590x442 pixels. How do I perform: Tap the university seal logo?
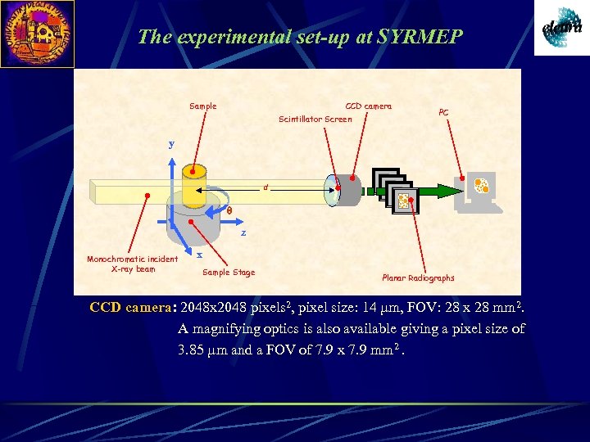37,34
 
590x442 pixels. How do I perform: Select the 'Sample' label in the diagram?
203,106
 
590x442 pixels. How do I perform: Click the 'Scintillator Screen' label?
315,120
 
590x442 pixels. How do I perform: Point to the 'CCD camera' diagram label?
368,106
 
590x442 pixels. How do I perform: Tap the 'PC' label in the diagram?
443,113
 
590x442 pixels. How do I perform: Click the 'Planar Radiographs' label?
418,278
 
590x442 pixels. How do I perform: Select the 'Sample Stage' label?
229,273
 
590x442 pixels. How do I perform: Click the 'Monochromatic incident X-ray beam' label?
121,264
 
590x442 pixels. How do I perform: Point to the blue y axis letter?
171,144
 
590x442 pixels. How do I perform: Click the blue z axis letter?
243,233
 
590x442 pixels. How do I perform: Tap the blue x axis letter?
199,255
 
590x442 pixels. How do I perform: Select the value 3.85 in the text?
193,350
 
